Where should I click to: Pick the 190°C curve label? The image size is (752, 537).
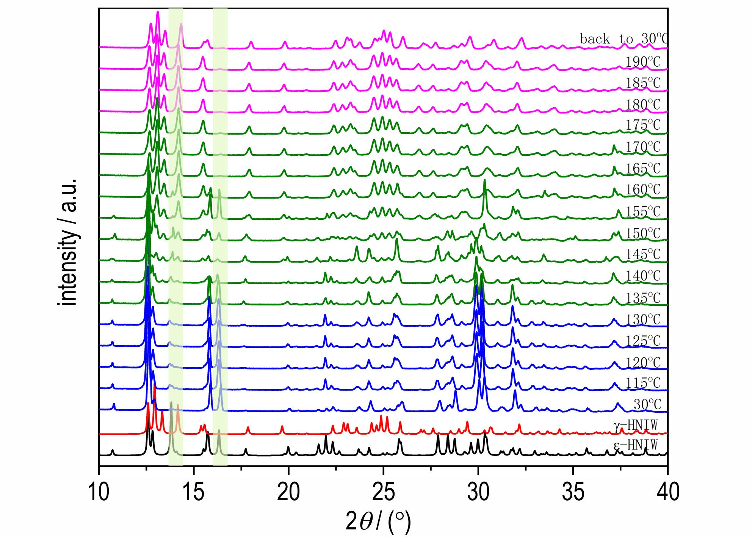(643, 62)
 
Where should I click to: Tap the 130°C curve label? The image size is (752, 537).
(643, 319)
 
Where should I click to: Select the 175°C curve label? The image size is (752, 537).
(643, 125)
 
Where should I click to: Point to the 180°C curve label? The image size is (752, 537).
(643, 104)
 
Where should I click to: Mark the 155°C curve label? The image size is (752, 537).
(643, 211)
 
